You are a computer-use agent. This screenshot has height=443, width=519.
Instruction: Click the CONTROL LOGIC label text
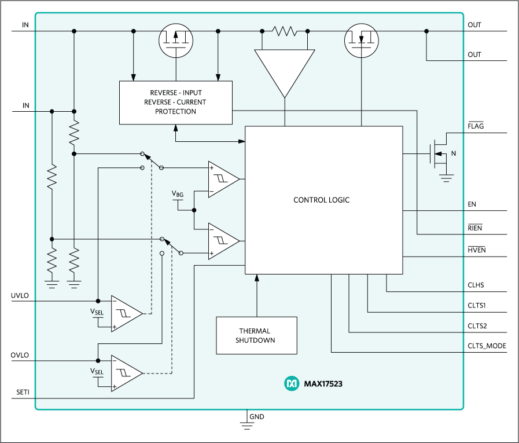click(x=321, y=200)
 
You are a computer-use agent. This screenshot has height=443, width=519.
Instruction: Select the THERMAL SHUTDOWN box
click(x=256, y=335)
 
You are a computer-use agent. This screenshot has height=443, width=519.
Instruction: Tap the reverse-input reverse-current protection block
click(x=175, y=102)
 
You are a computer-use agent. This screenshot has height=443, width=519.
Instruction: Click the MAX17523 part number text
click(x=323, y=384)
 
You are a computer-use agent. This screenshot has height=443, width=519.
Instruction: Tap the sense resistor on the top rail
click(x=284, y=31)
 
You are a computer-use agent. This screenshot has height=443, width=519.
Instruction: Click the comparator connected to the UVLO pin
click(x=126, y=314)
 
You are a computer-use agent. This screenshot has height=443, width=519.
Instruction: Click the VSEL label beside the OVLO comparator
click(x=97, y=371)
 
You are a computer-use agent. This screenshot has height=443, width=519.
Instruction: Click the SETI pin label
click(x=23, y=392)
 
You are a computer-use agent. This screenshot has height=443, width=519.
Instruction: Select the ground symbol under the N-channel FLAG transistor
click(x=446, y=179)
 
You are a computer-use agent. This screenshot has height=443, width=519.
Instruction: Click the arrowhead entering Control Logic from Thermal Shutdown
click(x=256, y=278)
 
